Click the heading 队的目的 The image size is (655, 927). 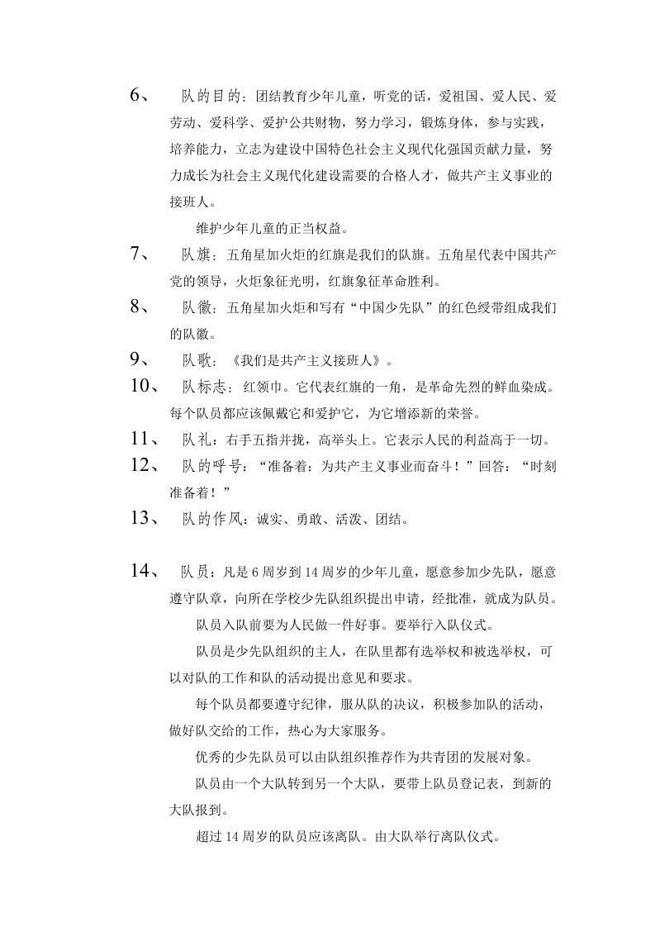(x=211, y=96)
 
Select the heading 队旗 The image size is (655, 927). (x=197, y=255)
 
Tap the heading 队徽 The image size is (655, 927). (x=197, y=308)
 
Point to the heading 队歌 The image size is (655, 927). (x=197, y=360)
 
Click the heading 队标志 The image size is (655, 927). (x=204, y=387)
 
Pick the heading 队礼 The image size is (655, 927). (x=197, y=440)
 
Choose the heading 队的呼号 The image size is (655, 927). (x=211, y=466)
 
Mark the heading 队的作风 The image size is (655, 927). (x=211, y=519)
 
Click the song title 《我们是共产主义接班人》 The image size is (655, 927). (x=308, y=360)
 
